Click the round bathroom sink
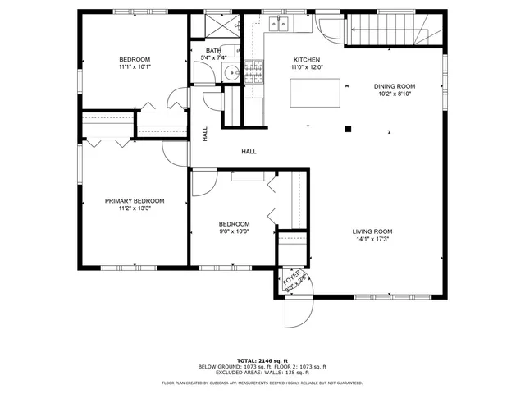(233, 73)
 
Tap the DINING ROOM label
(395, 86)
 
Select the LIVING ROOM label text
(372, 231)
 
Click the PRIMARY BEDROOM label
(135, 201)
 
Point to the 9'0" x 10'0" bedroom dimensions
(234, 231)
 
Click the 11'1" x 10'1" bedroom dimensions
(135, 67)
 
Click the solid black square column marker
(348, 128)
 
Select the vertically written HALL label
(205, 132)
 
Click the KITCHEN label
(306, 60)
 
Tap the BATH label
(213, 51)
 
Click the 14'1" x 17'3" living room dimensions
(372, 239)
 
